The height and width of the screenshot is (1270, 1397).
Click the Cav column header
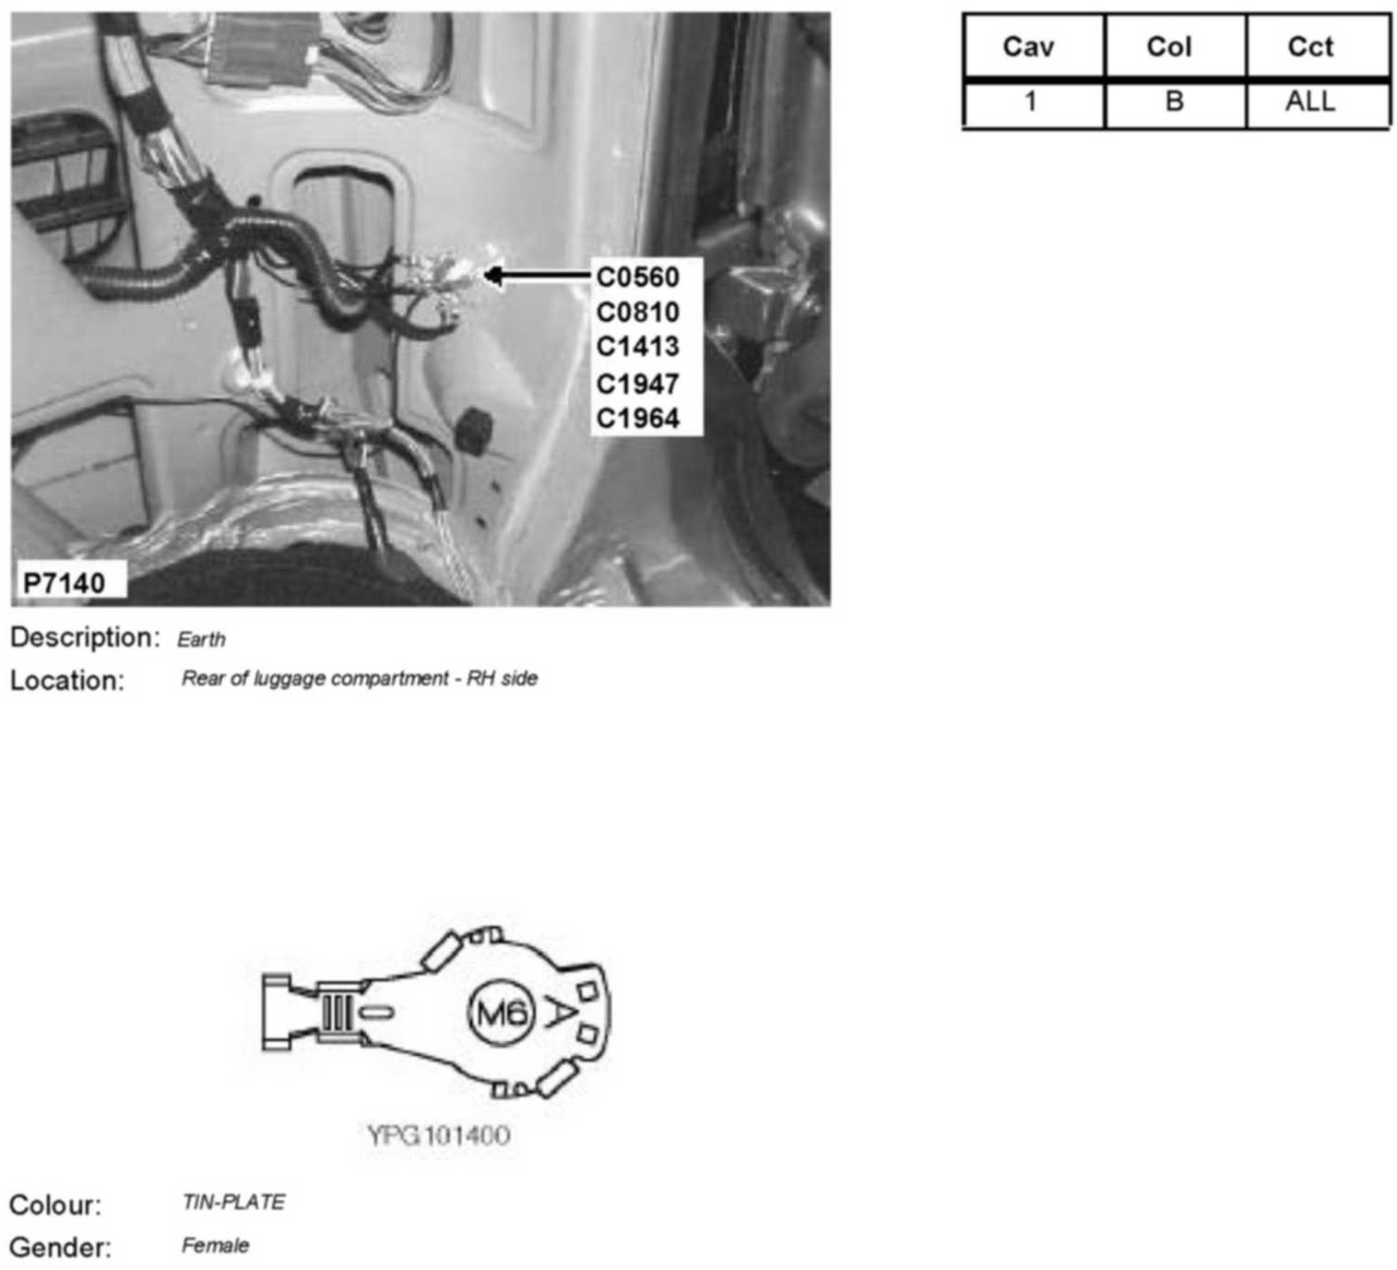tap(1028, 47)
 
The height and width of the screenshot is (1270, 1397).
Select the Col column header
tap(1169, 47)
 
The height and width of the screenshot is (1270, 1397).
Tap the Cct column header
tap(1310, 47)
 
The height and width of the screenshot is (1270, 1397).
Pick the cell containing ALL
tap(1310, 101)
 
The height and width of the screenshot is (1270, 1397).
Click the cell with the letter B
tap(1174, 101)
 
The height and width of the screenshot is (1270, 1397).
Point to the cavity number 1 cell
tap(1030, 101)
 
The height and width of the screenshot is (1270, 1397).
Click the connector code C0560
tap(637, 277)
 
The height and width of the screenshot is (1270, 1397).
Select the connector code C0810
tap(637, 312)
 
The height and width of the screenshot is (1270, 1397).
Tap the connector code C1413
tap(637, 347)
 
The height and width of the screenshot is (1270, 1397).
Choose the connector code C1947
tap(637, 383)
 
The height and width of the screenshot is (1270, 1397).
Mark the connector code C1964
tap(637, 418)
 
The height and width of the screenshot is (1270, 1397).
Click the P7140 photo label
tap(64, 582)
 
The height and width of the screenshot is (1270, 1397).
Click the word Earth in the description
tap(201, 639)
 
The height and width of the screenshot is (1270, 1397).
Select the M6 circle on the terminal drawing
tap(502, 1014)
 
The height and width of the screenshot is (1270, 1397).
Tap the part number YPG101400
tap(439, 1134)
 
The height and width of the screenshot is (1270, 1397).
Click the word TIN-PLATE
tap(233, 1203)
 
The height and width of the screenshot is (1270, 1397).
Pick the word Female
tap(215, 1246)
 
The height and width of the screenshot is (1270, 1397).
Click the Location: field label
tap(66, 681)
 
